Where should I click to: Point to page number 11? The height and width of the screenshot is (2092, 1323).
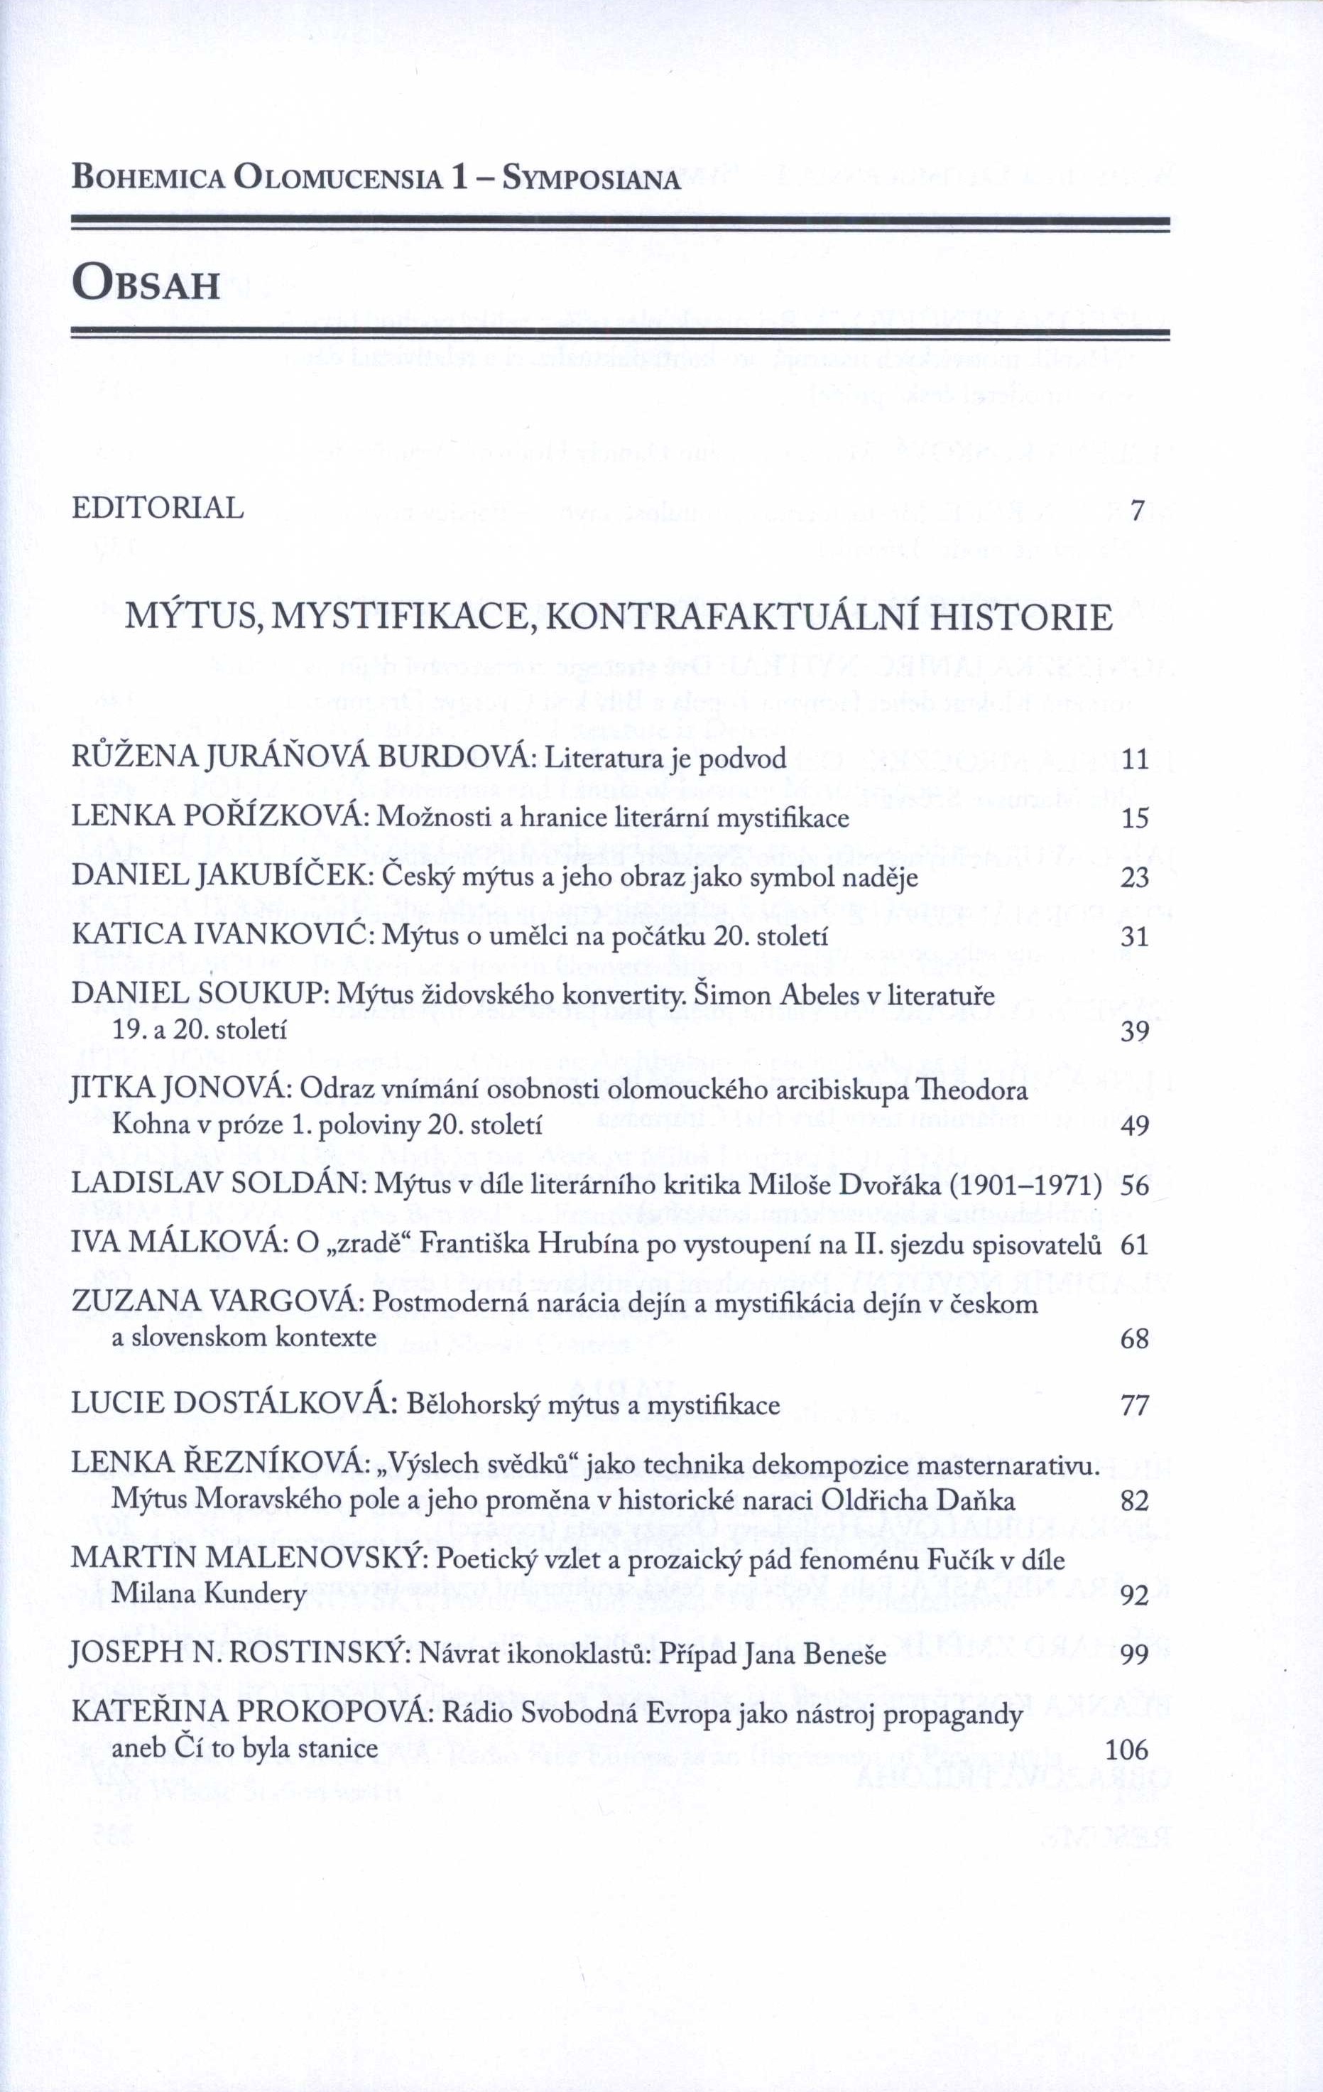[x=1136, y=760]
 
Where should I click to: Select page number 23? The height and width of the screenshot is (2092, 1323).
[x=1135, y=878]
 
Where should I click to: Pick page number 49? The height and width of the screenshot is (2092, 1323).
[x=1135, y=1126]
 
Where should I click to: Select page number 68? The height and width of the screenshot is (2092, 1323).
[x=1135, y=1339]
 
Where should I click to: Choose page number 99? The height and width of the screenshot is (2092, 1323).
[x=1135, y=1655]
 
